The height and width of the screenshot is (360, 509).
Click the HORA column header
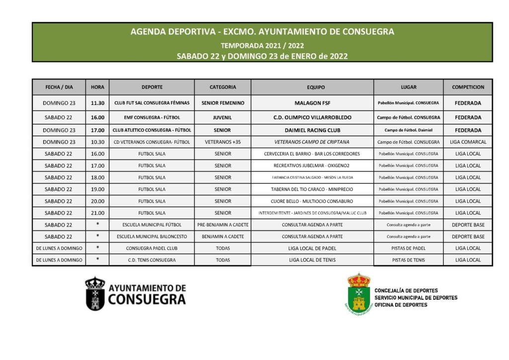(x=97, y=87)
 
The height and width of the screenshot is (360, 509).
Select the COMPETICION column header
(x=468, y=87)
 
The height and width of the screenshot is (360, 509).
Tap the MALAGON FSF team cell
(x=312, y=103)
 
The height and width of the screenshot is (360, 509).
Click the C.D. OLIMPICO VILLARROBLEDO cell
(x=312, y=118)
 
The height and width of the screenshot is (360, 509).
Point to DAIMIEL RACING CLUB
(x=312, y=130)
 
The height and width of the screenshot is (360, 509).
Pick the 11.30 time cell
(x=97, y=103)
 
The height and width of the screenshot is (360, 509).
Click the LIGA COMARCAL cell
(x=468, y=142)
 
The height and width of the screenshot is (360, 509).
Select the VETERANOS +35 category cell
(x=223, y=142)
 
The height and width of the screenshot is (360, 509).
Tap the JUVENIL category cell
(x=223, y=118)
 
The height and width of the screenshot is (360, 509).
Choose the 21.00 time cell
(x=97, y=213)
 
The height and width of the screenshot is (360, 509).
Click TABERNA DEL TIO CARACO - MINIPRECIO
(x=312, y=189)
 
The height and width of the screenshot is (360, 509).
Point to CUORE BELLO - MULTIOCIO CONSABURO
(x=312, y=201)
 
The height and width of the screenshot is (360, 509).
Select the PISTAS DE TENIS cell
(x=408, y=260)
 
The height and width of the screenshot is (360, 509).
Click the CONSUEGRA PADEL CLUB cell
(x=152, y=248)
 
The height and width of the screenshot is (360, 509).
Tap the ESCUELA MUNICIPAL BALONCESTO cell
(x=152, y=237)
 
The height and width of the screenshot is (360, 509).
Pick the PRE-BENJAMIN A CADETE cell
(x=223, y=225)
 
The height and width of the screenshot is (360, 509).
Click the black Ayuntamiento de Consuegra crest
(x=95, y=294)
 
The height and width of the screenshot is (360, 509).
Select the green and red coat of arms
(x=358, y=294)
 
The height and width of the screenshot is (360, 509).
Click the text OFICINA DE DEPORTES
(x=401, y=305)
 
